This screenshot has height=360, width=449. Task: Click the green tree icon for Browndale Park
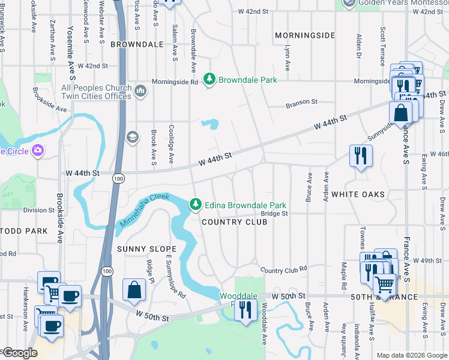pos(209,80)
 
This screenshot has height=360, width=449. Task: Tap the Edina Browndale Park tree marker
pos(195,205)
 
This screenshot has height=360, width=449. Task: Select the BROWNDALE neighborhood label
pos(137,44)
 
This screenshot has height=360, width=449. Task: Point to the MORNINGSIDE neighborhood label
pos(305,35)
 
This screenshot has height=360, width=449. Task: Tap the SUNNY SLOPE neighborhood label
pos(146,249)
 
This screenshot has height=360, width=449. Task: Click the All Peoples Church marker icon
pos(141,92)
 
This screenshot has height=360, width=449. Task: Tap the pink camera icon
pos(38,150)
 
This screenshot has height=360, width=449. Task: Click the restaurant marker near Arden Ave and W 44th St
pos(361,155)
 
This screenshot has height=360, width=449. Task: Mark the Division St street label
pos(39,210)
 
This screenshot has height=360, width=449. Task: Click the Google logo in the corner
pos(20,353)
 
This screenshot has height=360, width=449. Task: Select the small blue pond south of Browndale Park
pos(209,124)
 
